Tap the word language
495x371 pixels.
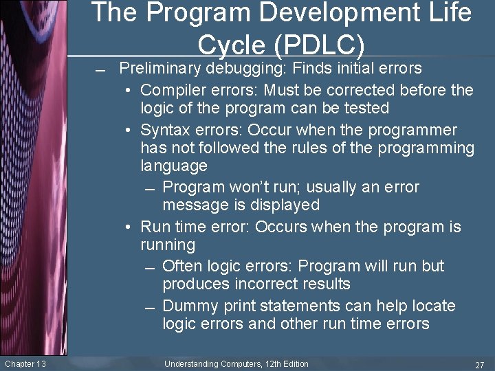pyautogui.click(x=173, y=166)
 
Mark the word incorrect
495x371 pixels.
pyautogui.click(x=262, y=284)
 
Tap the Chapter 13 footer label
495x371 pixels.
pyautogui.click(x=25, y=364)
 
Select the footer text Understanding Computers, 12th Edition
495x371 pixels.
pyautogui.click(x=236, y=364)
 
